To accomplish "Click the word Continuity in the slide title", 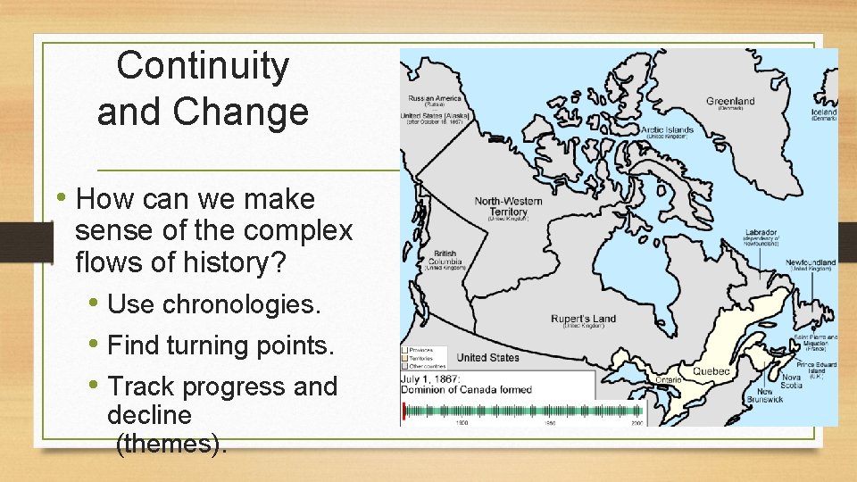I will (x=203, y=66).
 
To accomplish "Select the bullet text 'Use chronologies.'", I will (x=213, y=304).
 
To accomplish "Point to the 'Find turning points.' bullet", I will (x=220, y=345).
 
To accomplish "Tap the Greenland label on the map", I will (x=730, y=101).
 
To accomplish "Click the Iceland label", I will (x=823, y=113).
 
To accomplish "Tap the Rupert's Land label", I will (x=583, y=320).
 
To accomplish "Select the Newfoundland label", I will (x=810, y=263).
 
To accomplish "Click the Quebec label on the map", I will (x=712, y=370).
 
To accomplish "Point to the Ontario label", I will (x=667, y=379).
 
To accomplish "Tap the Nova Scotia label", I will (x=792, y=381).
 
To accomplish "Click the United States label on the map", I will (x=487, y=358).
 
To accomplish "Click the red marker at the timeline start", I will (x=404, y=411).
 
